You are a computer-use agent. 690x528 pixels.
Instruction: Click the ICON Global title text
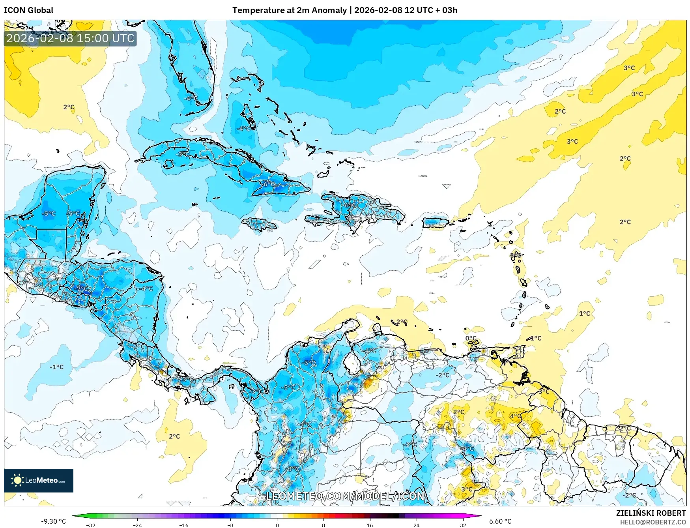point(28,10)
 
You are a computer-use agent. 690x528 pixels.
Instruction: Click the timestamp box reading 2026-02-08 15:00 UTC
point(70,38)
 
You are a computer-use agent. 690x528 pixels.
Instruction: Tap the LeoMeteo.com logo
point(39,480)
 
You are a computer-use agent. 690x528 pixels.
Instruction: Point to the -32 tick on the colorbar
point(91,524)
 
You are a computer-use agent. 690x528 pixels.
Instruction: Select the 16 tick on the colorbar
point(370,524)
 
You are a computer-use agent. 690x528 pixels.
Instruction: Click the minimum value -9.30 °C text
point(53,521)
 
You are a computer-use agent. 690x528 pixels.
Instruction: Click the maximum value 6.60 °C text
point(500,521)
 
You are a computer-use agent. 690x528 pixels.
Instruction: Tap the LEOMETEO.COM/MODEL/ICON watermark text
point(345,496)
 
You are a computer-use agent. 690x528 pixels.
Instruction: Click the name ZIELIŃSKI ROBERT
point(651,513)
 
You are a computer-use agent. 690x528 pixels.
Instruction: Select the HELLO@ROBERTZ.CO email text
point(653,522)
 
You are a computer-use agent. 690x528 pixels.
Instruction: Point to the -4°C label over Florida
point(191,98)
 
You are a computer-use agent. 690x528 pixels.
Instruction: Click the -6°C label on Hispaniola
point(350,205)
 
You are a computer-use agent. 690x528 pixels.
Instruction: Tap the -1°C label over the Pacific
point(56,367)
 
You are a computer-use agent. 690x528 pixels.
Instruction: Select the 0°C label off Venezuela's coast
point(471,338)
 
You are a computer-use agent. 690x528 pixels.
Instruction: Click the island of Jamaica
point(259,225)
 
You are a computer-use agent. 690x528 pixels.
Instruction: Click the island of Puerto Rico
point(435,223)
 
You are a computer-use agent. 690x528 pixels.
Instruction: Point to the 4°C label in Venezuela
point(515,416)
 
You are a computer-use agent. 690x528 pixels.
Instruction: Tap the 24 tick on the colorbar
point(416,524)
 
